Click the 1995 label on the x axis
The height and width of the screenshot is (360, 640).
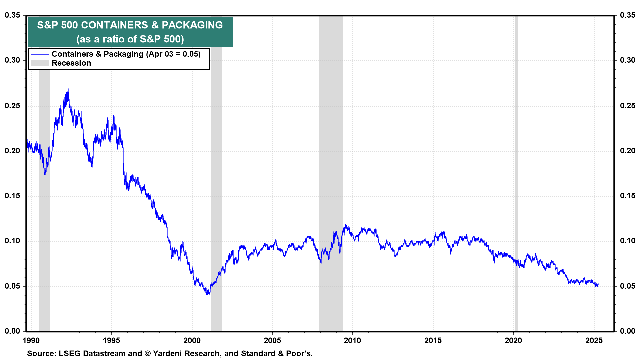(111, 340)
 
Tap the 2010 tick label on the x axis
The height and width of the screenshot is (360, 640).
(352, 340)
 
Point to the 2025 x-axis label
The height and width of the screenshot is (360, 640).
(594, 340)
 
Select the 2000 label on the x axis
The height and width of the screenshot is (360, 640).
(192, 340)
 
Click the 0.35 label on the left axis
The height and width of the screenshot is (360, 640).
(12, 15)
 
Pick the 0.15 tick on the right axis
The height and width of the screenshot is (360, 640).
(628, 196)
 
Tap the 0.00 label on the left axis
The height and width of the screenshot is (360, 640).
(12, 331)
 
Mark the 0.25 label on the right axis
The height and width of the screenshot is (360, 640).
(628, 106)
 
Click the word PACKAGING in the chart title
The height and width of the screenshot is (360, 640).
(192, 25)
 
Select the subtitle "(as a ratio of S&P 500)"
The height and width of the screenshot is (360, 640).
(130, 39)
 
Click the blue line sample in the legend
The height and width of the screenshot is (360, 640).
(40, 54)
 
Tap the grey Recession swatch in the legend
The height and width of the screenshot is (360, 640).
(40, 63)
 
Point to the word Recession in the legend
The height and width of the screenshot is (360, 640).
(71, 63)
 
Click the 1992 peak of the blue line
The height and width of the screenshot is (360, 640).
(68, 89)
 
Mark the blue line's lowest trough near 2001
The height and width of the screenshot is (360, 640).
(208, 294)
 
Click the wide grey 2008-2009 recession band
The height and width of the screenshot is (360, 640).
(331, 167)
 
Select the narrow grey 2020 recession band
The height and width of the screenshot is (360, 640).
(516, 167)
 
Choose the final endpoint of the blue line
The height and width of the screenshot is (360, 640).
(598, 284)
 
